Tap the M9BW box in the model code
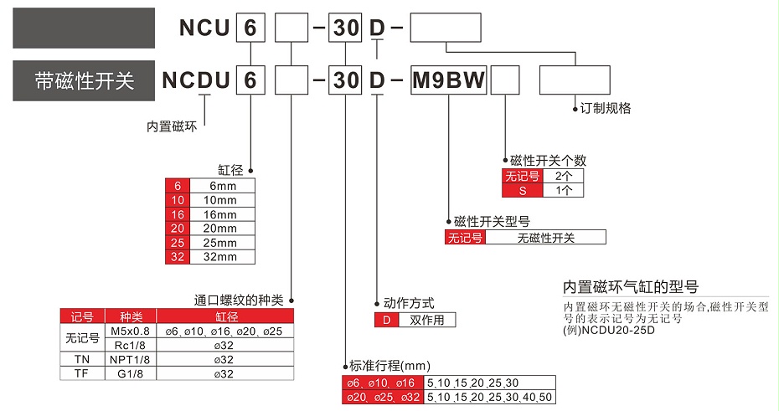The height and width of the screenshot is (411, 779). [447, 80]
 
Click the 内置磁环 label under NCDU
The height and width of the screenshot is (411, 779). [171, 126]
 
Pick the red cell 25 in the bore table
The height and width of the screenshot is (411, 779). [178, 242]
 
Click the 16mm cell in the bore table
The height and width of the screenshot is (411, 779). [222, 214]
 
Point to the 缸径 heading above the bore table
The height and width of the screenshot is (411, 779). [230, 170]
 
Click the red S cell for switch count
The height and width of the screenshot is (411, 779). [523, 190]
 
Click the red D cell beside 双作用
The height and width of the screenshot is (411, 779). [387, 320]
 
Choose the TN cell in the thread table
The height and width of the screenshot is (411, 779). [81, 359]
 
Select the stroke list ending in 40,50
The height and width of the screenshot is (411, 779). [490, 397]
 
